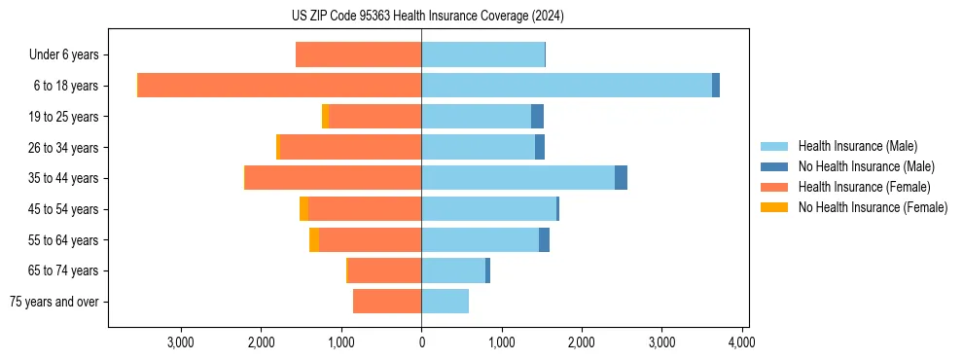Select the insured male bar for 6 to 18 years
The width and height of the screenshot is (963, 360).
[x=566, y=86]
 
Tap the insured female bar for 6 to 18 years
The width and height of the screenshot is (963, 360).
[x=279, y=86]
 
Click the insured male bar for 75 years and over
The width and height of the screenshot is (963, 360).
[x=445, y=302]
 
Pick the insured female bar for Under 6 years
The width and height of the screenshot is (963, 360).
[x=358, y=55]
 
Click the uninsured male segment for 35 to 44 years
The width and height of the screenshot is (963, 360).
[x=621, y=178]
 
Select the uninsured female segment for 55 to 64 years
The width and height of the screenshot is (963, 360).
[x=314, y=240]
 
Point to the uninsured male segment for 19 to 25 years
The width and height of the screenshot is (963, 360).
[x=537, y=117]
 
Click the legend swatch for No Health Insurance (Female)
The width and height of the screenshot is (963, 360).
[x=775, y=207]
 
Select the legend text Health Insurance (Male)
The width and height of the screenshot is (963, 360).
[x=858, y=146]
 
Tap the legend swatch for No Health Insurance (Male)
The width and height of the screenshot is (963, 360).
[x=775, y=166]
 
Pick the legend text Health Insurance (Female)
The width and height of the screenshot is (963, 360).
[x=864, y=187]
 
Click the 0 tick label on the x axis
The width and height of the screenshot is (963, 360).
[x=421, y=342]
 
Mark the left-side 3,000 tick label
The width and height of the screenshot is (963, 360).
[x=182, y=342]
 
